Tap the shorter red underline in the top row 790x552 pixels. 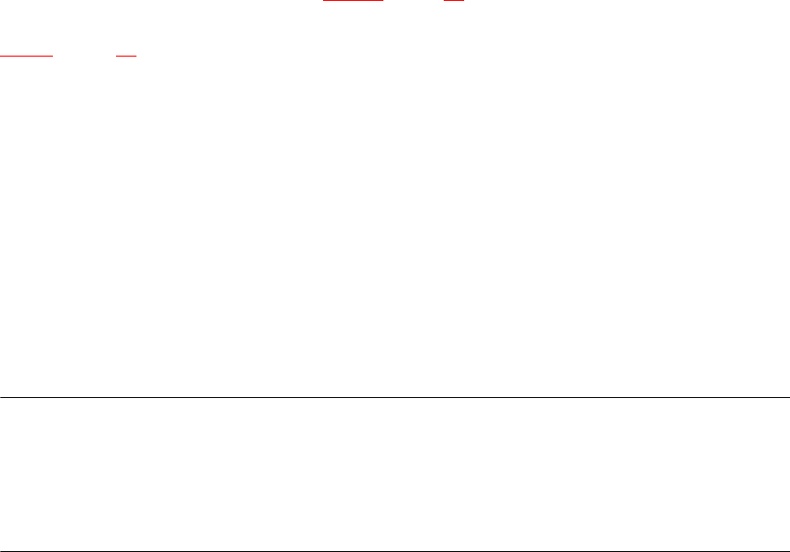coord(453,2)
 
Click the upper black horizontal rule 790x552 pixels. coord(395,398)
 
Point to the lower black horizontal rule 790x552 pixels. coord(395,551)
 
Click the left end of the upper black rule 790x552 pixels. coord(1,398)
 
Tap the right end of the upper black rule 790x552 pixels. coord(788,398)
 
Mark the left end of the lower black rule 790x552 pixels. coord(1,551)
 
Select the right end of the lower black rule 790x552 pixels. coord(788,551)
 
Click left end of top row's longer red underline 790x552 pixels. coord(322,2)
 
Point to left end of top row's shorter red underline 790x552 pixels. coord(444,2)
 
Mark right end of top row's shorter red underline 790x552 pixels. coord(463,2)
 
